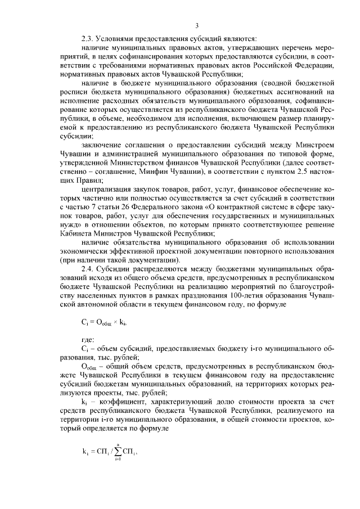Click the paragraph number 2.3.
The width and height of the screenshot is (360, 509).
coord(88,39)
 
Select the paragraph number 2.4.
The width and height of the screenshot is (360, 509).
coord(88,269)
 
